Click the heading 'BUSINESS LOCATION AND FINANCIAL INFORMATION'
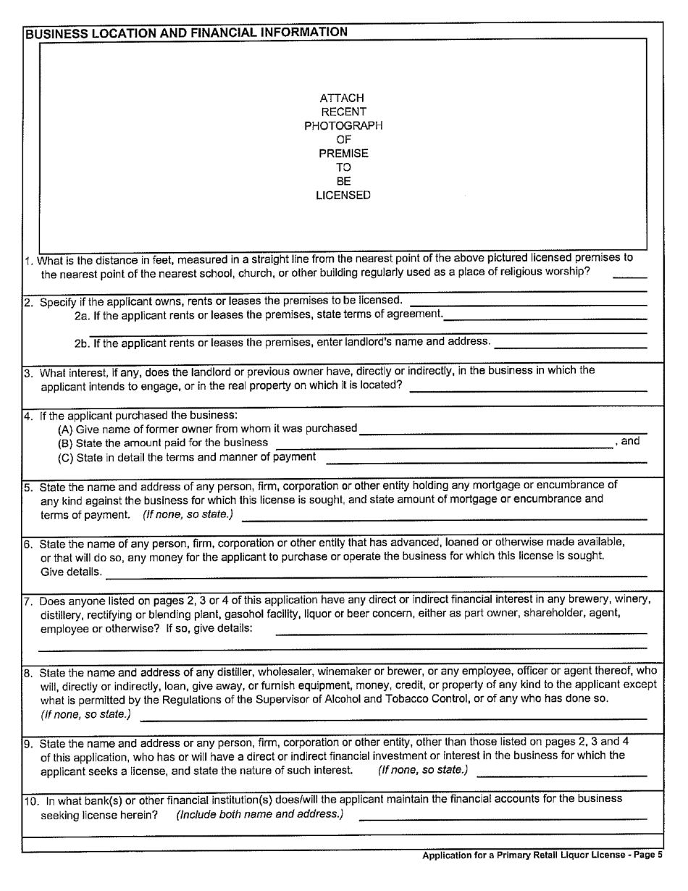click(x=186, y=33)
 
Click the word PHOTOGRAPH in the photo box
click(x=343, y=125)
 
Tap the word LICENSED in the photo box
click(x=343, y=196)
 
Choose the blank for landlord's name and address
click(x=570, y=346)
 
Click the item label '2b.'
click(x=83, y=342)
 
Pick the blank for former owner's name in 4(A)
click(x=503, y=432)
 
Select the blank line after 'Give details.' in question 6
click(x=376, y=575)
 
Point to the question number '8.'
click(x=29, y=672)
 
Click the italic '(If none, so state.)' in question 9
click(x=423, y=769)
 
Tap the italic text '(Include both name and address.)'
click(x=259, y=814)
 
